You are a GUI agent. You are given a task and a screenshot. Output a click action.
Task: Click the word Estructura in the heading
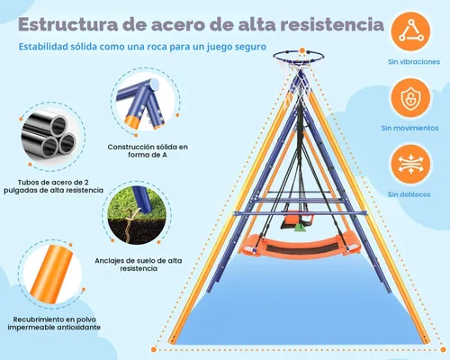click(68, 24)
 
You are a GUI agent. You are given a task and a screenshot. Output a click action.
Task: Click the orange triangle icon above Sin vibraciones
click(410, 31)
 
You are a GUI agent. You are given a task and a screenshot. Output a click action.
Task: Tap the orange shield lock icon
click(410, 98)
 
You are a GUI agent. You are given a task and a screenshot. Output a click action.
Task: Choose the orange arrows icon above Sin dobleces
click(410, 165)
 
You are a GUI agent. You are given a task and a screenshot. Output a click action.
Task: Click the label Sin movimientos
click(409, 128)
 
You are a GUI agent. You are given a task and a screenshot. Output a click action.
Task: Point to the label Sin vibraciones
click(414, 62)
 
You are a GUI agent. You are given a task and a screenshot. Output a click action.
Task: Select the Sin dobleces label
click(409, 194)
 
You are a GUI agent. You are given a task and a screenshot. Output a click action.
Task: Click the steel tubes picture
click(49, 135)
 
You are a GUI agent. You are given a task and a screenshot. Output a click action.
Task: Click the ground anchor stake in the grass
click(130, 224)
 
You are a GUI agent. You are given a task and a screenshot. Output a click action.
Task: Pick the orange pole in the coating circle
click(51, 274)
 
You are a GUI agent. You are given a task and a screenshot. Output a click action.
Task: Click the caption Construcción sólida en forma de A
click(148, 151)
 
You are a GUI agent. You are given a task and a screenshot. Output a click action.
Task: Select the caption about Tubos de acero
click(53, 186)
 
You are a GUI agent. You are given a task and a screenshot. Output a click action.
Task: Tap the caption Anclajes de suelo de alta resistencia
click(139, 265)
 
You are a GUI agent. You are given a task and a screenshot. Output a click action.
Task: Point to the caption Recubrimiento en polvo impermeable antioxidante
click(54, 323)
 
